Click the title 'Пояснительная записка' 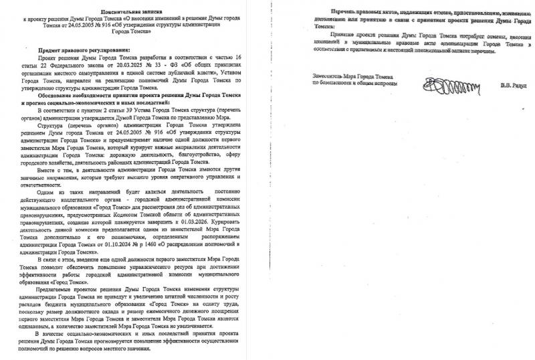pyautogui.click(x=130, y=12)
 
